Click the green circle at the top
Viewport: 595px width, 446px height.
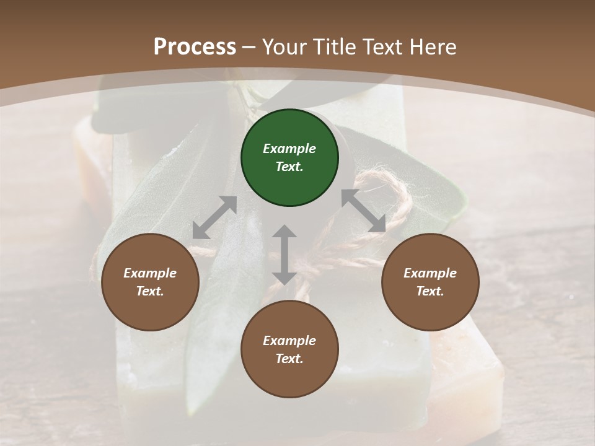tap(289, 157)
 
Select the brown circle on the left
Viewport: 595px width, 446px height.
tap(150, 282)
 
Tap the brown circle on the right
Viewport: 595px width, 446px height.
tap(430, 282)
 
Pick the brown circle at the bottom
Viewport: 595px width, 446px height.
tap(289, 349)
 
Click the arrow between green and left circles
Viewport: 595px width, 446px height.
tap(214, 217)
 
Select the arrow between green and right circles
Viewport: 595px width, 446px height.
tap(364, 211)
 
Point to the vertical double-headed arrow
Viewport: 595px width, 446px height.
tap(284, 255)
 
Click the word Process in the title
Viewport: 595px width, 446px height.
tap(195, 46)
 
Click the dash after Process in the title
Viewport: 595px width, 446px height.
tap(249, 47)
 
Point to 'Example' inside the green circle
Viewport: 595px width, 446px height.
tap(289, 149)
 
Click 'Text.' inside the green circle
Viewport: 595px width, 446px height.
tap(289, 167)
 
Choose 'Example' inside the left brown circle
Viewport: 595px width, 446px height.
tap(150, 273)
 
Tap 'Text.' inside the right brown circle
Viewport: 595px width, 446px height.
tap(430, 291)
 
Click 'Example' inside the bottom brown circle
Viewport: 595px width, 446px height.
tap(289, 341)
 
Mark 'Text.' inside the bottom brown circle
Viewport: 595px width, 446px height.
tap(289, 359)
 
